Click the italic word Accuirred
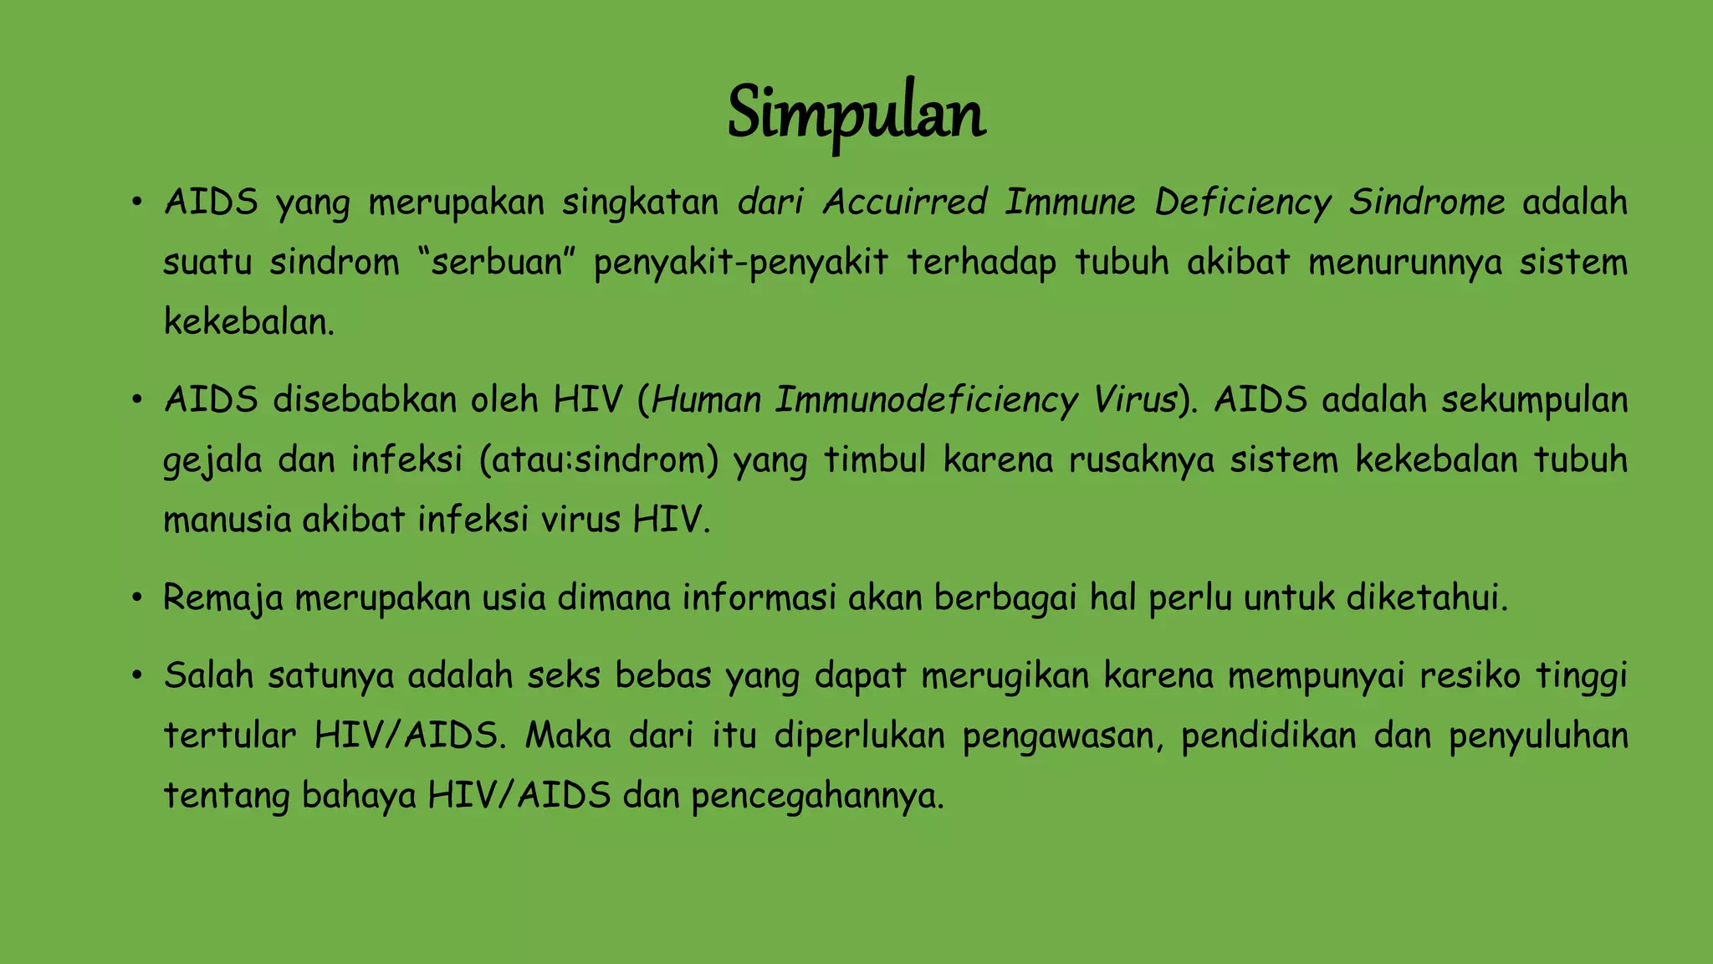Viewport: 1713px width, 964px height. click(904, 203)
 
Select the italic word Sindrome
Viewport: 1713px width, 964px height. click(1426, 203)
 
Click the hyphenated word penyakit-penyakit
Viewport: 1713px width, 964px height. click(740, 263)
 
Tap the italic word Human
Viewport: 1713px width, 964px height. click(705, 400)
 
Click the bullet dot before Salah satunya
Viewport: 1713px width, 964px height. click(136, 676)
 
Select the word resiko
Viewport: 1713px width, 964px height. click(1470, 676)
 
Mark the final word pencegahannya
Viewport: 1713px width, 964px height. click(817, 797)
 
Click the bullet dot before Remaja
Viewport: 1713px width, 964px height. click(136, 598)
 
